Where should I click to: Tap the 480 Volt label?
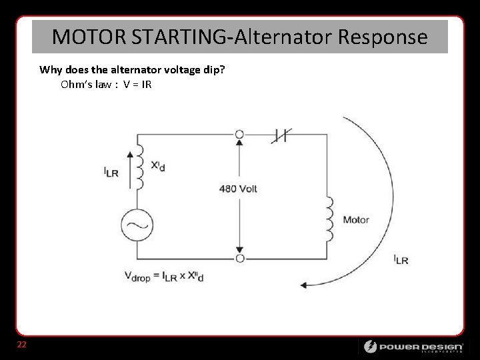238,189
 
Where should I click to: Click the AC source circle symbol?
137,225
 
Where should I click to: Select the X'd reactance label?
158,165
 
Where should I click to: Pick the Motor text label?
356,220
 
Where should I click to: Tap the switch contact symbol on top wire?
281,135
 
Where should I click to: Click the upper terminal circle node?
239,135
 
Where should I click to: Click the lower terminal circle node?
239,258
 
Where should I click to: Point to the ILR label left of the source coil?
111,172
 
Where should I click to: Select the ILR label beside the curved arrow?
401,259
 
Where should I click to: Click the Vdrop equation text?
163,276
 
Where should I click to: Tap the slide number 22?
22,345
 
